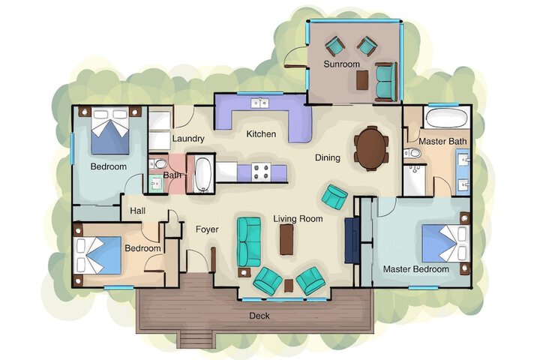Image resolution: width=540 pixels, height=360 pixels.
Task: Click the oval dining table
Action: point(372,147)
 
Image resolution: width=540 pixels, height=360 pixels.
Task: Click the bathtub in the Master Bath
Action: point(446,118)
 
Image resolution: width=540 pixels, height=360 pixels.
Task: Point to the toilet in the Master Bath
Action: point(412,154)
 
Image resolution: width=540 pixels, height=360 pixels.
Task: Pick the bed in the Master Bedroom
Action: point(444,242)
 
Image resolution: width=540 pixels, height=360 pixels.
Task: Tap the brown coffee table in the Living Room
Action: point(286,240)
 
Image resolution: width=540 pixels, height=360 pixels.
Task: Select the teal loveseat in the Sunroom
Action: point(385,82)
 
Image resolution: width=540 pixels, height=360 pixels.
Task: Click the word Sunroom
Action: point(342,64)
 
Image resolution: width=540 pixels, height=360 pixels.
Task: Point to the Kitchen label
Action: point(262,134)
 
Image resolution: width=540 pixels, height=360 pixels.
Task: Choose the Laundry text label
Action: point(188,139)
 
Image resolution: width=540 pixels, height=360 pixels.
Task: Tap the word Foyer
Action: point(207,229)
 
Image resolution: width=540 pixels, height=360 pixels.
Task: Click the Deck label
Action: point(259,316)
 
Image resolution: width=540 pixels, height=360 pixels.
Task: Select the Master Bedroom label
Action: point(415,268)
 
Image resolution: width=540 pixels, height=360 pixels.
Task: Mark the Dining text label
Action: point(328,158)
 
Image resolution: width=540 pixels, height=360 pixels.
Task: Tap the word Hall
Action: point(138,211)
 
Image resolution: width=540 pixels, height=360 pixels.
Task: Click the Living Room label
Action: point(298,219)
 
